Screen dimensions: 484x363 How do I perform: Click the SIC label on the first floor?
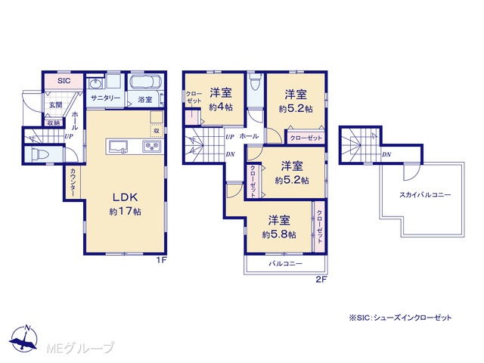click(x=64, y=81)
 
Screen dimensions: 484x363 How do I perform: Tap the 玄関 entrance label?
click(x=56, y=105)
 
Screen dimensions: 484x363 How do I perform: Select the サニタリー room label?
click(x=106, y=98)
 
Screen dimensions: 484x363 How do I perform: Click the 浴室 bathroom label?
click(x=145, y=100)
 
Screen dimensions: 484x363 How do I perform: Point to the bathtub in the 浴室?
click(x=144, y=82)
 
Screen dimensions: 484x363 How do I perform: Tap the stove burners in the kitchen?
click(x=153, y=146)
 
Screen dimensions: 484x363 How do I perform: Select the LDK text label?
click(x=125, y=197)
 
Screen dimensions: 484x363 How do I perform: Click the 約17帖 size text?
click(x=125, y=212)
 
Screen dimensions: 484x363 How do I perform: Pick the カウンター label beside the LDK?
click(x=73, y=182)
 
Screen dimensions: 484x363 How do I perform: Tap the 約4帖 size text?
click(x=221, y=107)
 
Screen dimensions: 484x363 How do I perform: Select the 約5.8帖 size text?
click(x=279, y=234)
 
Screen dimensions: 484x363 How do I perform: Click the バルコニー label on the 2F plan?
click(x=286, y=264)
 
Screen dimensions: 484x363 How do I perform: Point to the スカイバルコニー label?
click(x=425, y=195)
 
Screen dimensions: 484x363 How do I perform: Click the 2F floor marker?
click(x=321, y=280)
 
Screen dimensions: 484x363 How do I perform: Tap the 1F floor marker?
click(x=161, y=260)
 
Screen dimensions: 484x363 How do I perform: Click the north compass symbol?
click(x=23, y=338)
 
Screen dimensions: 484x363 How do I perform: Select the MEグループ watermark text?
click(x=80, y=349)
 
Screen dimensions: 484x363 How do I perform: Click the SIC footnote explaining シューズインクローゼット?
click(x=400, y=318)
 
